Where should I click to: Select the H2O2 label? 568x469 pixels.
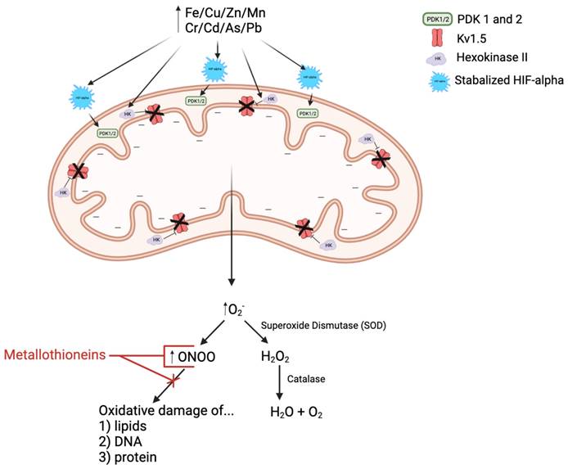(274, 357)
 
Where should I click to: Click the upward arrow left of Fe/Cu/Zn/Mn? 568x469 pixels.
(174, 14)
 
